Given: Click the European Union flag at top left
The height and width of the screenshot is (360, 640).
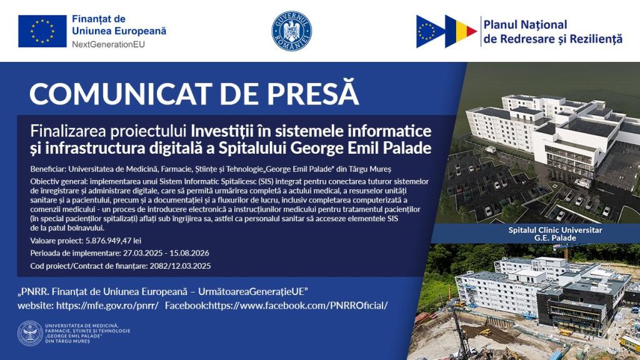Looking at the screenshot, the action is [42, 31].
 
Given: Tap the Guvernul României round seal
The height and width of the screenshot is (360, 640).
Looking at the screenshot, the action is [291, 31].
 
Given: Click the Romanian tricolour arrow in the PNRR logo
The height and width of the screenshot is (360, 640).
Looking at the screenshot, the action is [461, 31].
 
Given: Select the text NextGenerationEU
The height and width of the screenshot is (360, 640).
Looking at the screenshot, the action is [108, 44].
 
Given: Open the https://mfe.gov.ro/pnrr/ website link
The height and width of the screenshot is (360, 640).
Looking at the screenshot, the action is [107, 305].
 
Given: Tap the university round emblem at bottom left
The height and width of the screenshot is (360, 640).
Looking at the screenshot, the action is [30, 334].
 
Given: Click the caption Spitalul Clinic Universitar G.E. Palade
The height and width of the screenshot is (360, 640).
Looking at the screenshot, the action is [555, 234].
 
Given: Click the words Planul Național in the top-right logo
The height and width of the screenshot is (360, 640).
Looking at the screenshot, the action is [525, 25].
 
